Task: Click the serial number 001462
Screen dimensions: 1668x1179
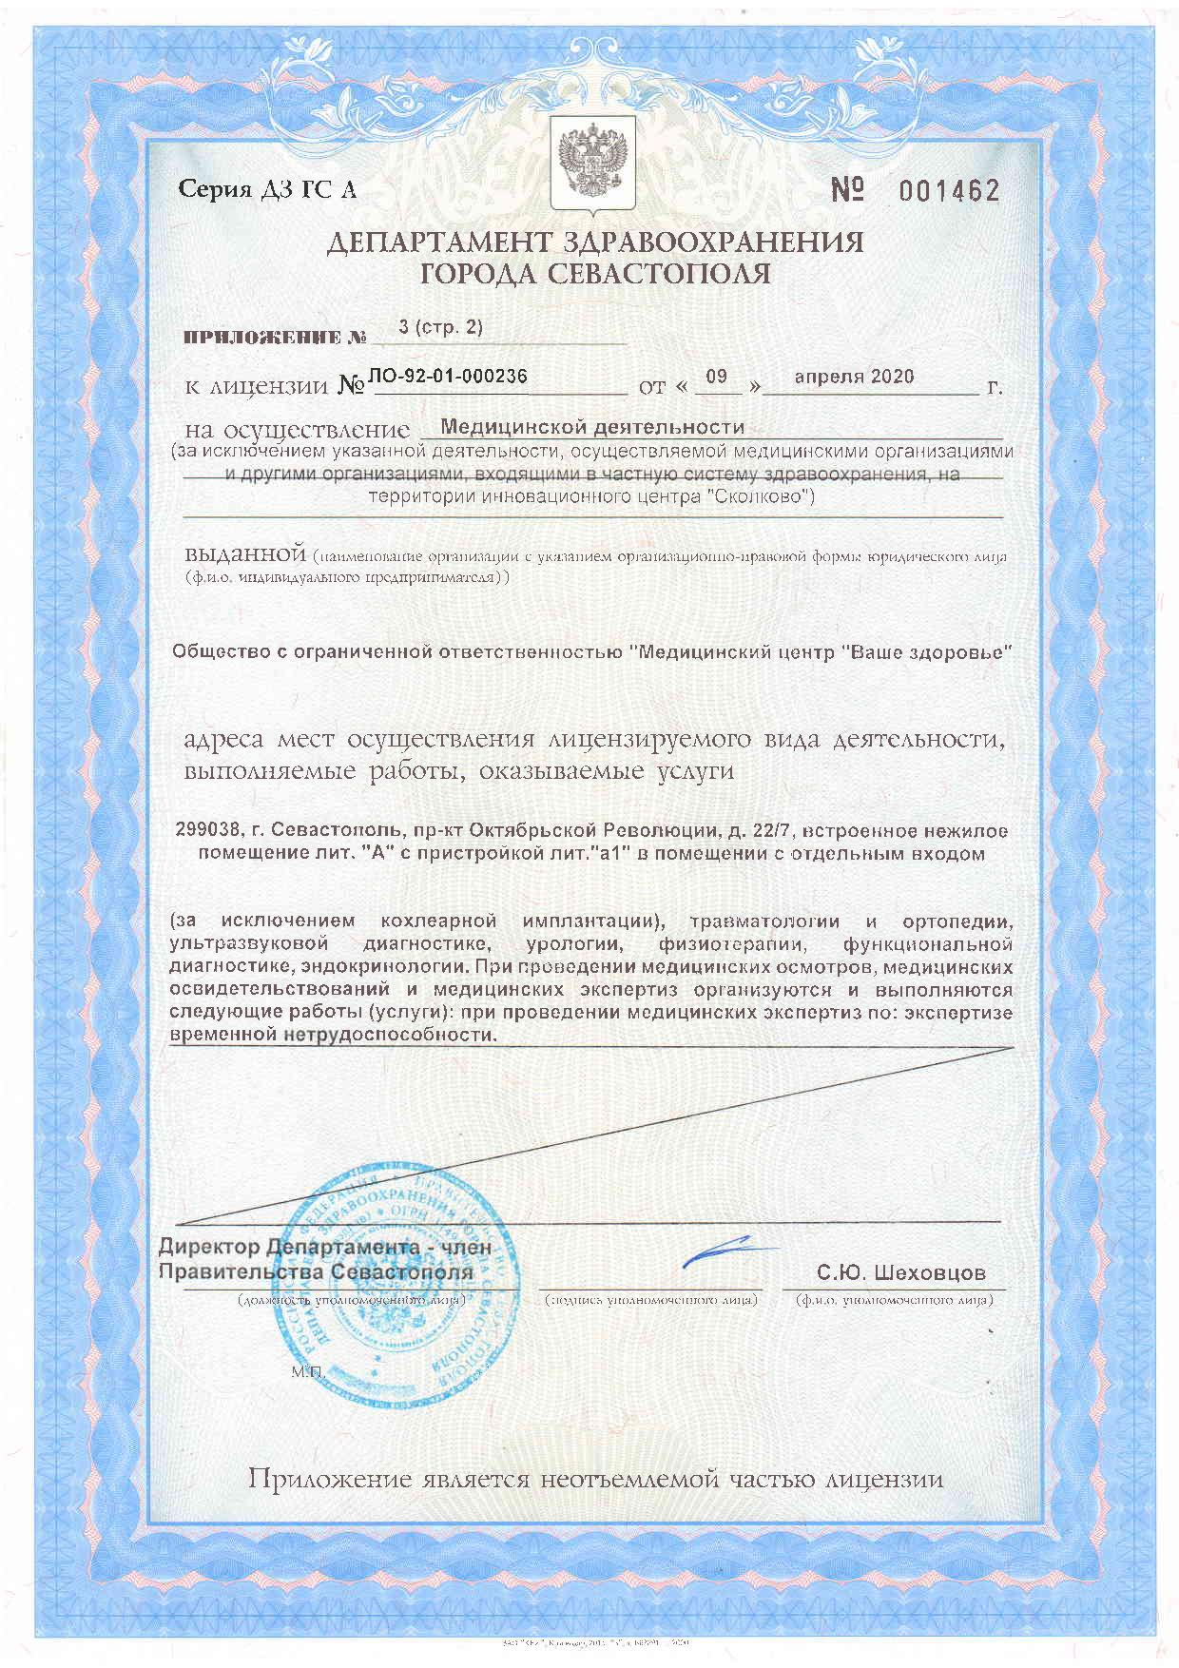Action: point(949,191)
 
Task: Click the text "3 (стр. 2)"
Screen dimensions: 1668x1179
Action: point(440,327)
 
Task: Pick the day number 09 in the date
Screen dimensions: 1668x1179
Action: point(716,377)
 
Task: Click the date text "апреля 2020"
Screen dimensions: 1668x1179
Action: point(854,377)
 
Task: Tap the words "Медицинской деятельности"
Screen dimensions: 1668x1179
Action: point(592,427)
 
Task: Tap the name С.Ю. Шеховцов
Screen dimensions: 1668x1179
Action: point(900,1272)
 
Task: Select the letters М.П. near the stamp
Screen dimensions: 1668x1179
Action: point(308,1372)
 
